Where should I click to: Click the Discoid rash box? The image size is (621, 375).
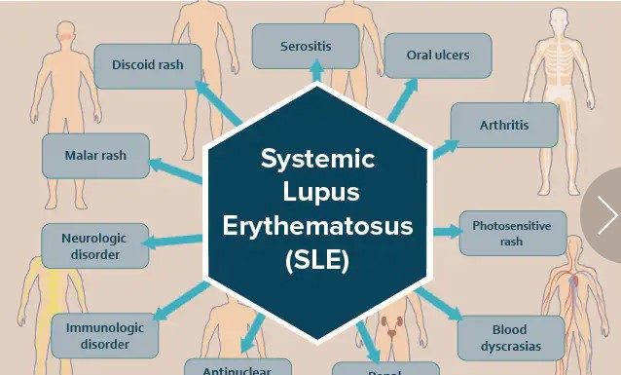tap(148, 66)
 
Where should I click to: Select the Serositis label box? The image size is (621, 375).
tap(306, 46)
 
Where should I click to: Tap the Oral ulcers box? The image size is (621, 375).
tap(437, 56)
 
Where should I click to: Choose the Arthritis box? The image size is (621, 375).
tap(504, 125)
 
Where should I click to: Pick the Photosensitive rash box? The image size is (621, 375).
tap(511, 233)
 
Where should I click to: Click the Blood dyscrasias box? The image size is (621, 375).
tap(509, 337)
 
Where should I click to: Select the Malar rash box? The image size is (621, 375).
tap(95, 156)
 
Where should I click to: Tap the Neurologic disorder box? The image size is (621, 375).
tap(95, 246)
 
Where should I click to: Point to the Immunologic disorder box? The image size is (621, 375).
tap(104, 336)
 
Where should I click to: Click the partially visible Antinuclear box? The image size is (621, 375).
tap(245, 368)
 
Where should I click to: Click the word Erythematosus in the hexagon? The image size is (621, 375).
tap(317, 227)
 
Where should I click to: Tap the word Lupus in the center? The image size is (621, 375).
tap(317, 193)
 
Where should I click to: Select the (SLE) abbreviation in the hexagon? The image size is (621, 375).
tap(317, 261)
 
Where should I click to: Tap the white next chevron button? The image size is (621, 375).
tap(607, 215)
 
